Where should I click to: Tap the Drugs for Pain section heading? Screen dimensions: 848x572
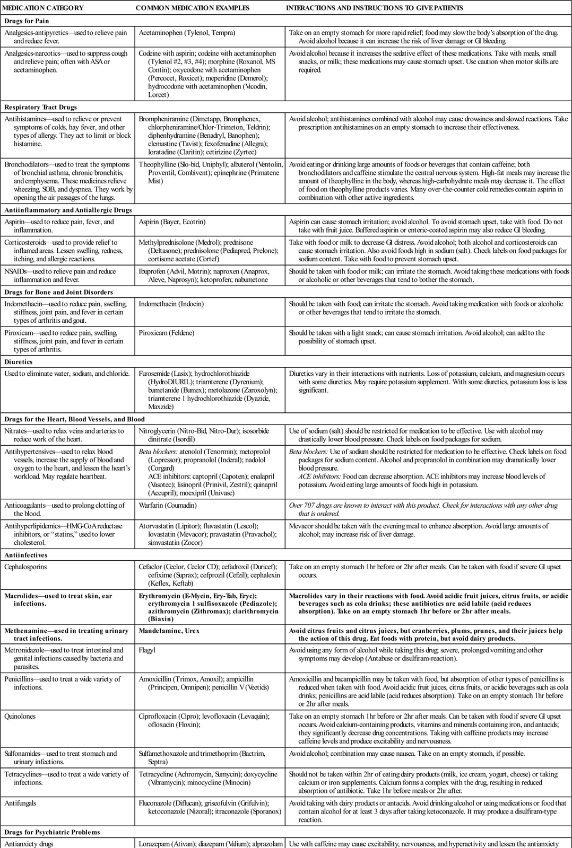tap(27, 21)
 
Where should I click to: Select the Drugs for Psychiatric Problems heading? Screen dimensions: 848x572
tap(52, 832)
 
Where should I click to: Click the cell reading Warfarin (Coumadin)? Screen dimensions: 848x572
tap(167, 505)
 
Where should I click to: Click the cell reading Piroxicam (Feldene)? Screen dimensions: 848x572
tap(166, 333)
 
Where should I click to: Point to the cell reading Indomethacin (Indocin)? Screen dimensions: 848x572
tap(171, 304)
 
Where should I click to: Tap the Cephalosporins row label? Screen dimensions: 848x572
tap(25, 567)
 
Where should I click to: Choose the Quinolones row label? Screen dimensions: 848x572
tap(20, 716)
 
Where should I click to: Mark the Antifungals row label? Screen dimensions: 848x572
tap(20, 803)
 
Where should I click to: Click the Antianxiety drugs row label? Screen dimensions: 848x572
tap(29, 843)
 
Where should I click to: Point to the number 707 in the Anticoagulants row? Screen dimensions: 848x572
tap(313, 505)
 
